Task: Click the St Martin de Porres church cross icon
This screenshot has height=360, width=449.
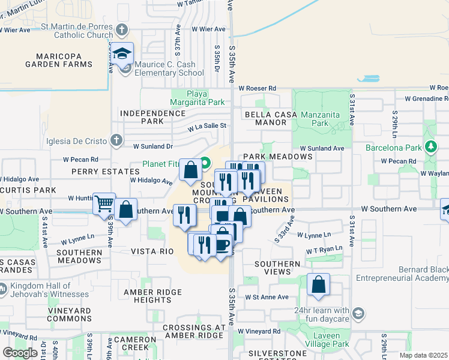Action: (122, 29)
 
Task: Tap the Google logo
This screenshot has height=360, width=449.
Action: (20, 352)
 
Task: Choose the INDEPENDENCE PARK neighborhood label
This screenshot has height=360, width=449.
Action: (142, 116)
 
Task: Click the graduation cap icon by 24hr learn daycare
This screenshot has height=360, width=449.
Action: (359, 313)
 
